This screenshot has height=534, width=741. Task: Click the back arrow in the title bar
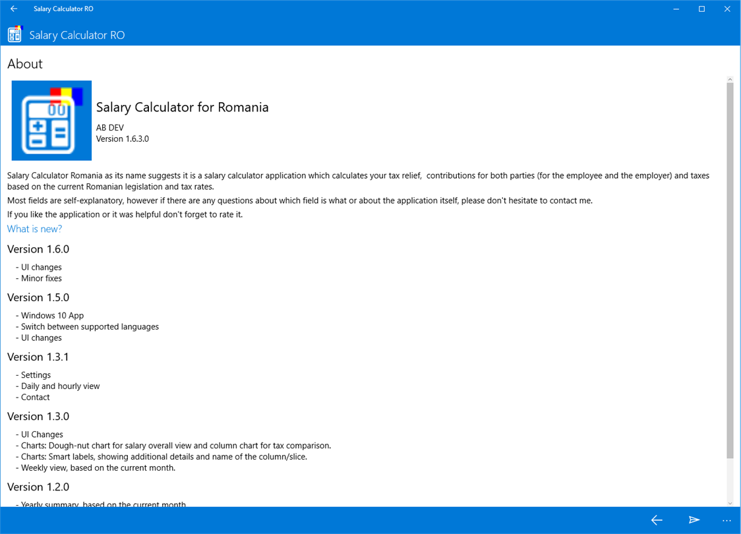tap(14, 9)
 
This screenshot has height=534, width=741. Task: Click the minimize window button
tap(676, 9)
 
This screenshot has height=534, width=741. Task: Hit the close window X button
tap(727, 9)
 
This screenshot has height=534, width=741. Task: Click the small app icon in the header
tap(15, 34)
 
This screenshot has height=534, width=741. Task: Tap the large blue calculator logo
tap(51, 121)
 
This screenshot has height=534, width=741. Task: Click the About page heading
tap(25, 64)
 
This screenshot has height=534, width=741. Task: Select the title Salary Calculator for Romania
tap(182, 107)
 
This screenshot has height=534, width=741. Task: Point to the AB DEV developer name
tap(110, 128)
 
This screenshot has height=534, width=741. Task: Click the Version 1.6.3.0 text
tap(123, 139)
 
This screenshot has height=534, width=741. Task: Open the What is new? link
tap(35, 229)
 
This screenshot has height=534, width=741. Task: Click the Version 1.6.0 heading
tap(38, 249)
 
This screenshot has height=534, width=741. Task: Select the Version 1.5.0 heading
tap(38, 297)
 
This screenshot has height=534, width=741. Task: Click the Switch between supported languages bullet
tap(90, 327)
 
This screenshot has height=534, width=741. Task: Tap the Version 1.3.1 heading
tap(38, 357)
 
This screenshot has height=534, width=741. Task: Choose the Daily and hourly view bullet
tap(60, 386)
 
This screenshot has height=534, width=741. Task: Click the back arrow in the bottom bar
tap(657, 520)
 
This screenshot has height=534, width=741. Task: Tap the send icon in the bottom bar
tap(694, 520)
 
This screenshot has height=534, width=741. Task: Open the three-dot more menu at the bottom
tap(726, 521)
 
